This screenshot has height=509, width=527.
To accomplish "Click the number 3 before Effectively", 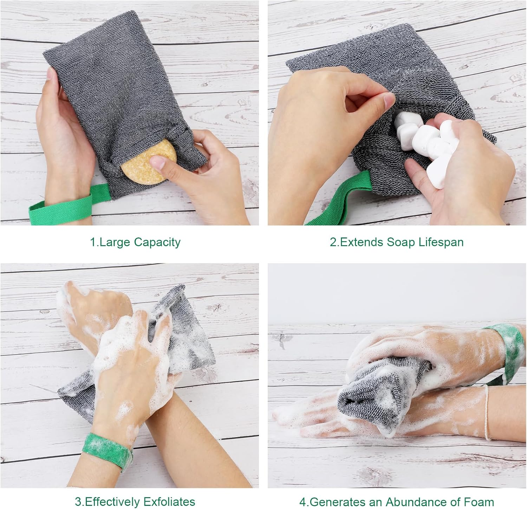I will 77,501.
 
